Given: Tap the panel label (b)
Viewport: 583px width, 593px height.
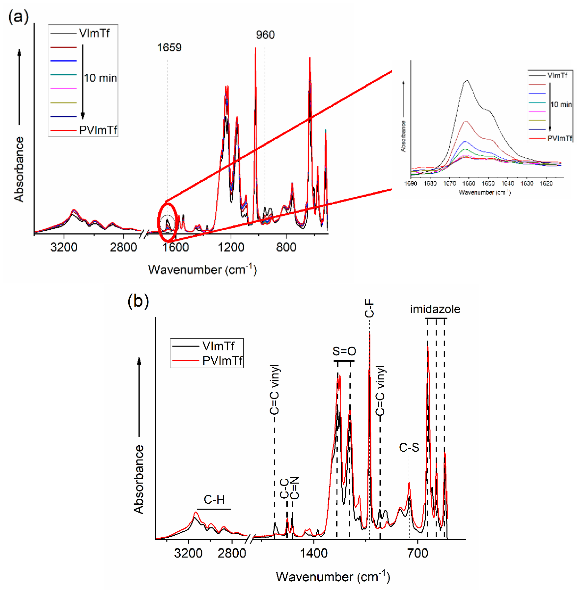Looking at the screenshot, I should click(x=138, y=301).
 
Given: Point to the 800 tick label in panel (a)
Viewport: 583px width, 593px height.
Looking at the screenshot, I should click(x=286, y=247).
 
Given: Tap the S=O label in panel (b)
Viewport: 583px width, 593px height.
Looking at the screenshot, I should click(x=344, y=351).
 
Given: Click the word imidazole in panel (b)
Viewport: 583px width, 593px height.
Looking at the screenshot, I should click(x=435, y=309).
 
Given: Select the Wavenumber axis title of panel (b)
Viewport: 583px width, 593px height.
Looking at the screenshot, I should click(x=333, y=577).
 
